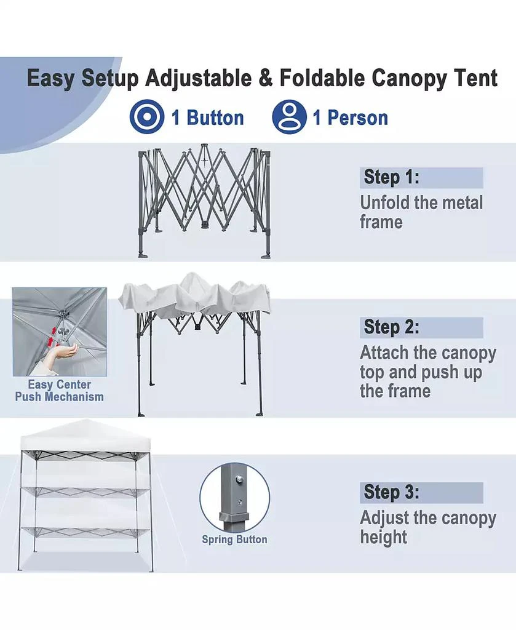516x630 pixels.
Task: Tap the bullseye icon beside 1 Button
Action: coord(146,118)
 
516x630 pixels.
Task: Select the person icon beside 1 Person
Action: coord(290,118)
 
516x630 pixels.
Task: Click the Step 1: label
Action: coord(392,177)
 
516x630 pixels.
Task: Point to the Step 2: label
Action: coord(392,327)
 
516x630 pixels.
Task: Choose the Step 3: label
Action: coord(392,492)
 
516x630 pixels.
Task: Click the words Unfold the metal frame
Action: coord(421,212)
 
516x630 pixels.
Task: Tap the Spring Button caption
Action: coord(234,540)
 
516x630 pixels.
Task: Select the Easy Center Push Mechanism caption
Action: coord(60,391)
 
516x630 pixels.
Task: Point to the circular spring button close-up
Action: coord(234,498)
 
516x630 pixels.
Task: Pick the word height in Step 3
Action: coord(384,537)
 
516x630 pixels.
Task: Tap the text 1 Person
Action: coord(351,118)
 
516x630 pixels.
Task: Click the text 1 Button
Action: coord(208,118)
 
